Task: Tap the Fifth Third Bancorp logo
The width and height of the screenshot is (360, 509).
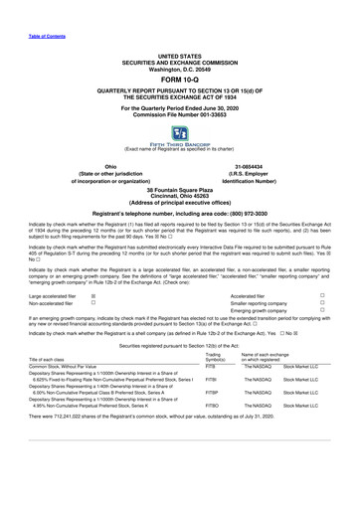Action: [180, 135]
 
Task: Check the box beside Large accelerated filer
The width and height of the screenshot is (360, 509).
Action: [93, 296]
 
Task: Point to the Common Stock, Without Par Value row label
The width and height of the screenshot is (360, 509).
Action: [63, 394]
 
